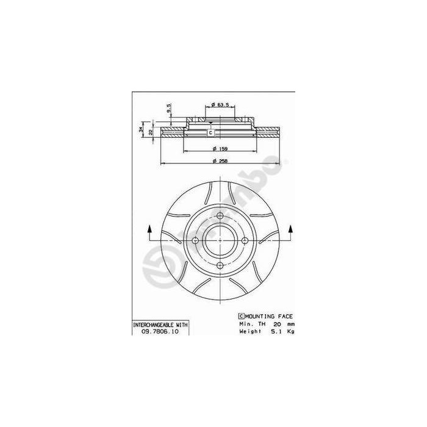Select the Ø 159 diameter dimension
(220, 149)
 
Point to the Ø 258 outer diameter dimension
(220, 160)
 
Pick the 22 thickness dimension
(151, 132)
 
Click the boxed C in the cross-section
(211, 132)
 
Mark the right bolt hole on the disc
(245, 240)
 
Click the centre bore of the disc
(220, 240)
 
